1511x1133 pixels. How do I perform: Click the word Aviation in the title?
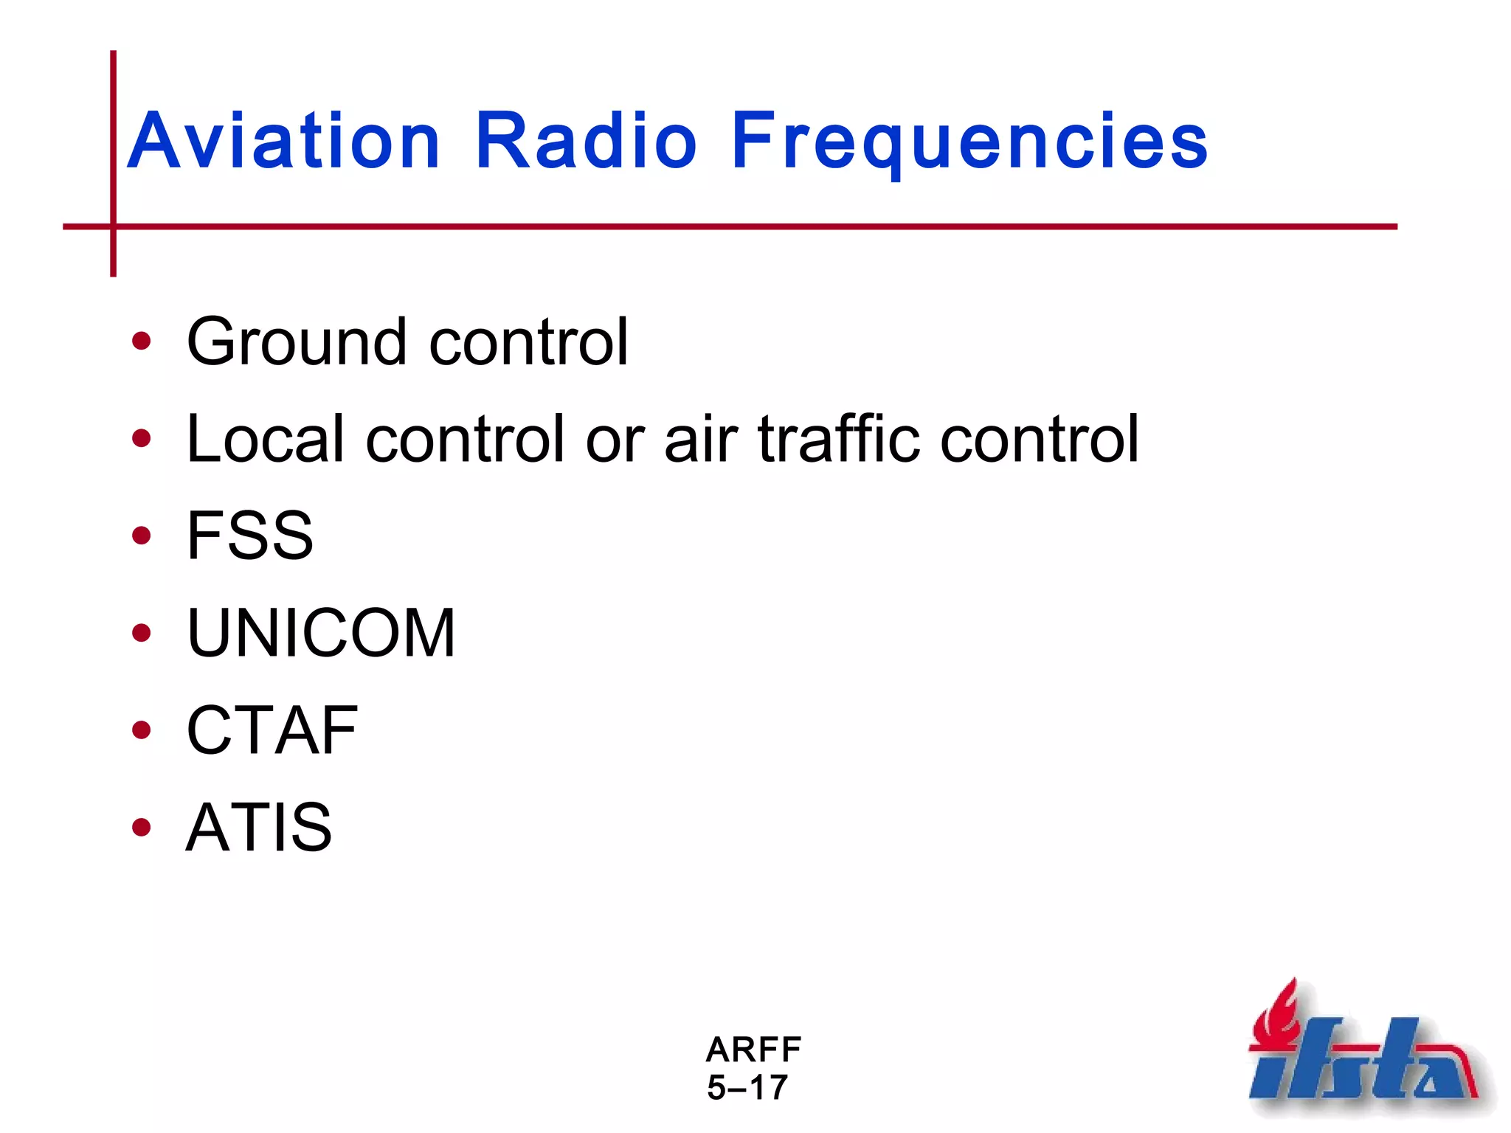284,142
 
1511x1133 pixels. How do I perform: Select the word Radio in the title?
586,142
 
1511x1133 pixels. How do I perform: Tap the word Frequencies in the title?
969,142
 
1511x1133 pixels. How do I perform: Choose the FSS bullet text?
249,536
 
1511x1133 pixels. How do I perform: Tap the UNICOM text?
321,634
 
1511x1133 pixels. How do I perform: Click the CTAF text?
272,730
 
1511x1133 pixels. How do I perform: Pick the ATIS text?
258,828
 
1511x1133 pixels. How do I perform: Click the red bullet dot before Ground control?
141,342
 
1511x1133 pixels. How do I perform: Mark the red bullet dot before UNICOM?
141,633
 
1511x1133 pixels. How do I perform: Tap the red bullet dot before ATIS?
141,827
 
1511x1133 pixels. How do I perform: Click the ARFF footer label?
753,1050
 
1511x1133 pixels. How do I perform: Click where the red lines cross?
113,226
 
